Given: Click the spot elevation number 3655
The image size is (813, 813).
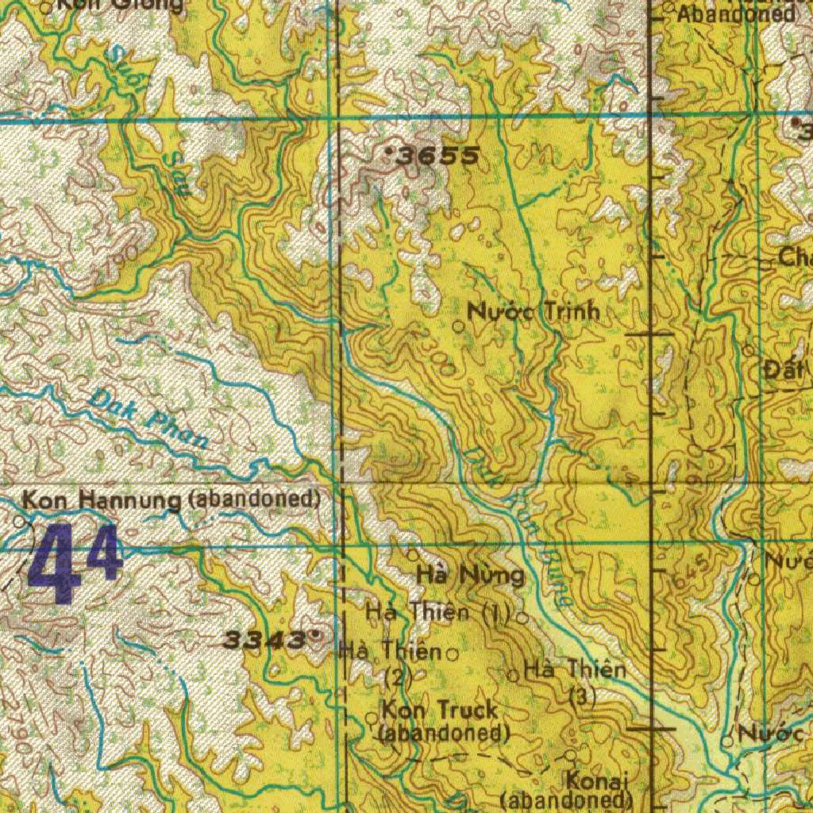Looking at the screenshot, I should coord(439,157).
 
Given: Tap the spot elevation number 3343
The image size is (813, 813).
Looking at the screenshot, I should coord(264,639).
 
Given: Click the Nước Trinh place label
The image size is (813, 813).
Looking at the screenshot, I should coord(534,312).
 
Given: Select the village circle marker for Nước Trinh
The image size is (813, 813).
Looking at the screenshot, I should coord(458,326).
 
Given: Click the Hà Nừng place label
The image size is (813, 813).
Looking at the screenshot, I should coord(470,575).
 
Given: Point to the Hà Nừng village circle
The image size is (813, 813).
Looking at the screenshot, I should coord(413,554).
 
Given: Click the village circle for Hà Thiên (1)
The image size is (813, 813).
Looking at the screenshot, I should coord(522,616).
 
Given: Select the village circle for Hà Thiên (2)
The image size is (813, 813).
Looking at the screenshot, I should coord(453,655).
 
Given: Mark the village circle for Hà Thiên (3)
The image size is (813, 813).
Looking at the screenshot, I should coord(514,676).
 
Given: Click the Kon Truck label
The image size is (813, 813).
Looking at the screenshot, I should coord(440,710).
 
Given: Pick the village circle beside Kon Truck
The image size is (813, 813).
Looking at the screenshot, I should coord(372,718).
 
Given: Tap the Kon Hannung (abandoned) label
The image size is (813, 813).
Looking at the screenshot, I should coord(171,500).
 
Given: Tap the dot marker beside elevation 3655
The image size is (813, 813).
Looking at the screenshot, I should coord(389,149).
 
